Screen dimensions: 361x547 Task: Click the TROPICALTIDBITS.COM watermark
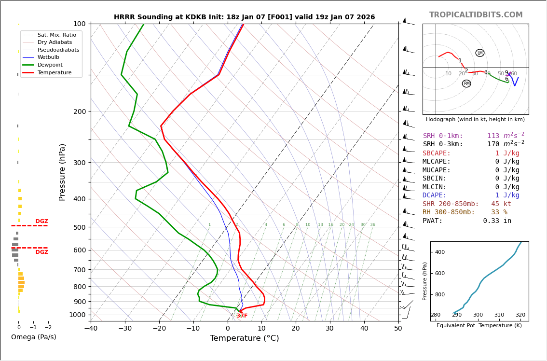(476, 15)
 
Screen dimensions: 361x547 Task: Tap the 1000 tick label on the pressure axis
(77, 315)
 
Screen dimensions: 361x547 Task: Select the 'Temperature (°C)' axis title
(244, 338)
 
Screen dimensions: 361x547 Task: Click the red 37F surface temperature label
(242, 316)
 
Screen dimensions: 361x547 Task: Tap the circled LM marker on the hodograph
(480, 53)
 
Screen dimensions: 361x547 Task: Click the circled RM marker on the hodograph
(466, 83)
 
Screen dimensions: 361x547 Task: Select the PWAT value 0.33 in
(497, 221)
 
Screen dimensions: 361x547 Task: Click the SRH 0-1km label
(443, 136)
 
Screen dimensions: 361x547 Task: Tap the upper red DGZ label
(41, 222)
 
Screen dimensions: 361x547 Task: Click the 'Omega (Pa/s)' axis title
(33, 337)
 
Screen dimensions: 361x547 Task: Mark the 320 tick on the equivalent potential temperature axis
(520, 315)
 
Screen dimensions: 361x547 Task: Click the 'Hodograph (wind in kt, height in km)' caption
(475, 119)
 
